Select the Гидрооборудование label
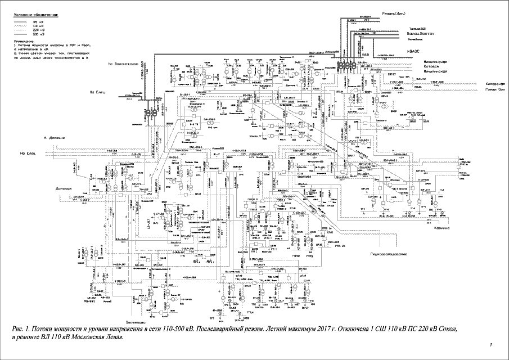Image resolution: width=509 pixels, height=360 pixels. tap(388, 255)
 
